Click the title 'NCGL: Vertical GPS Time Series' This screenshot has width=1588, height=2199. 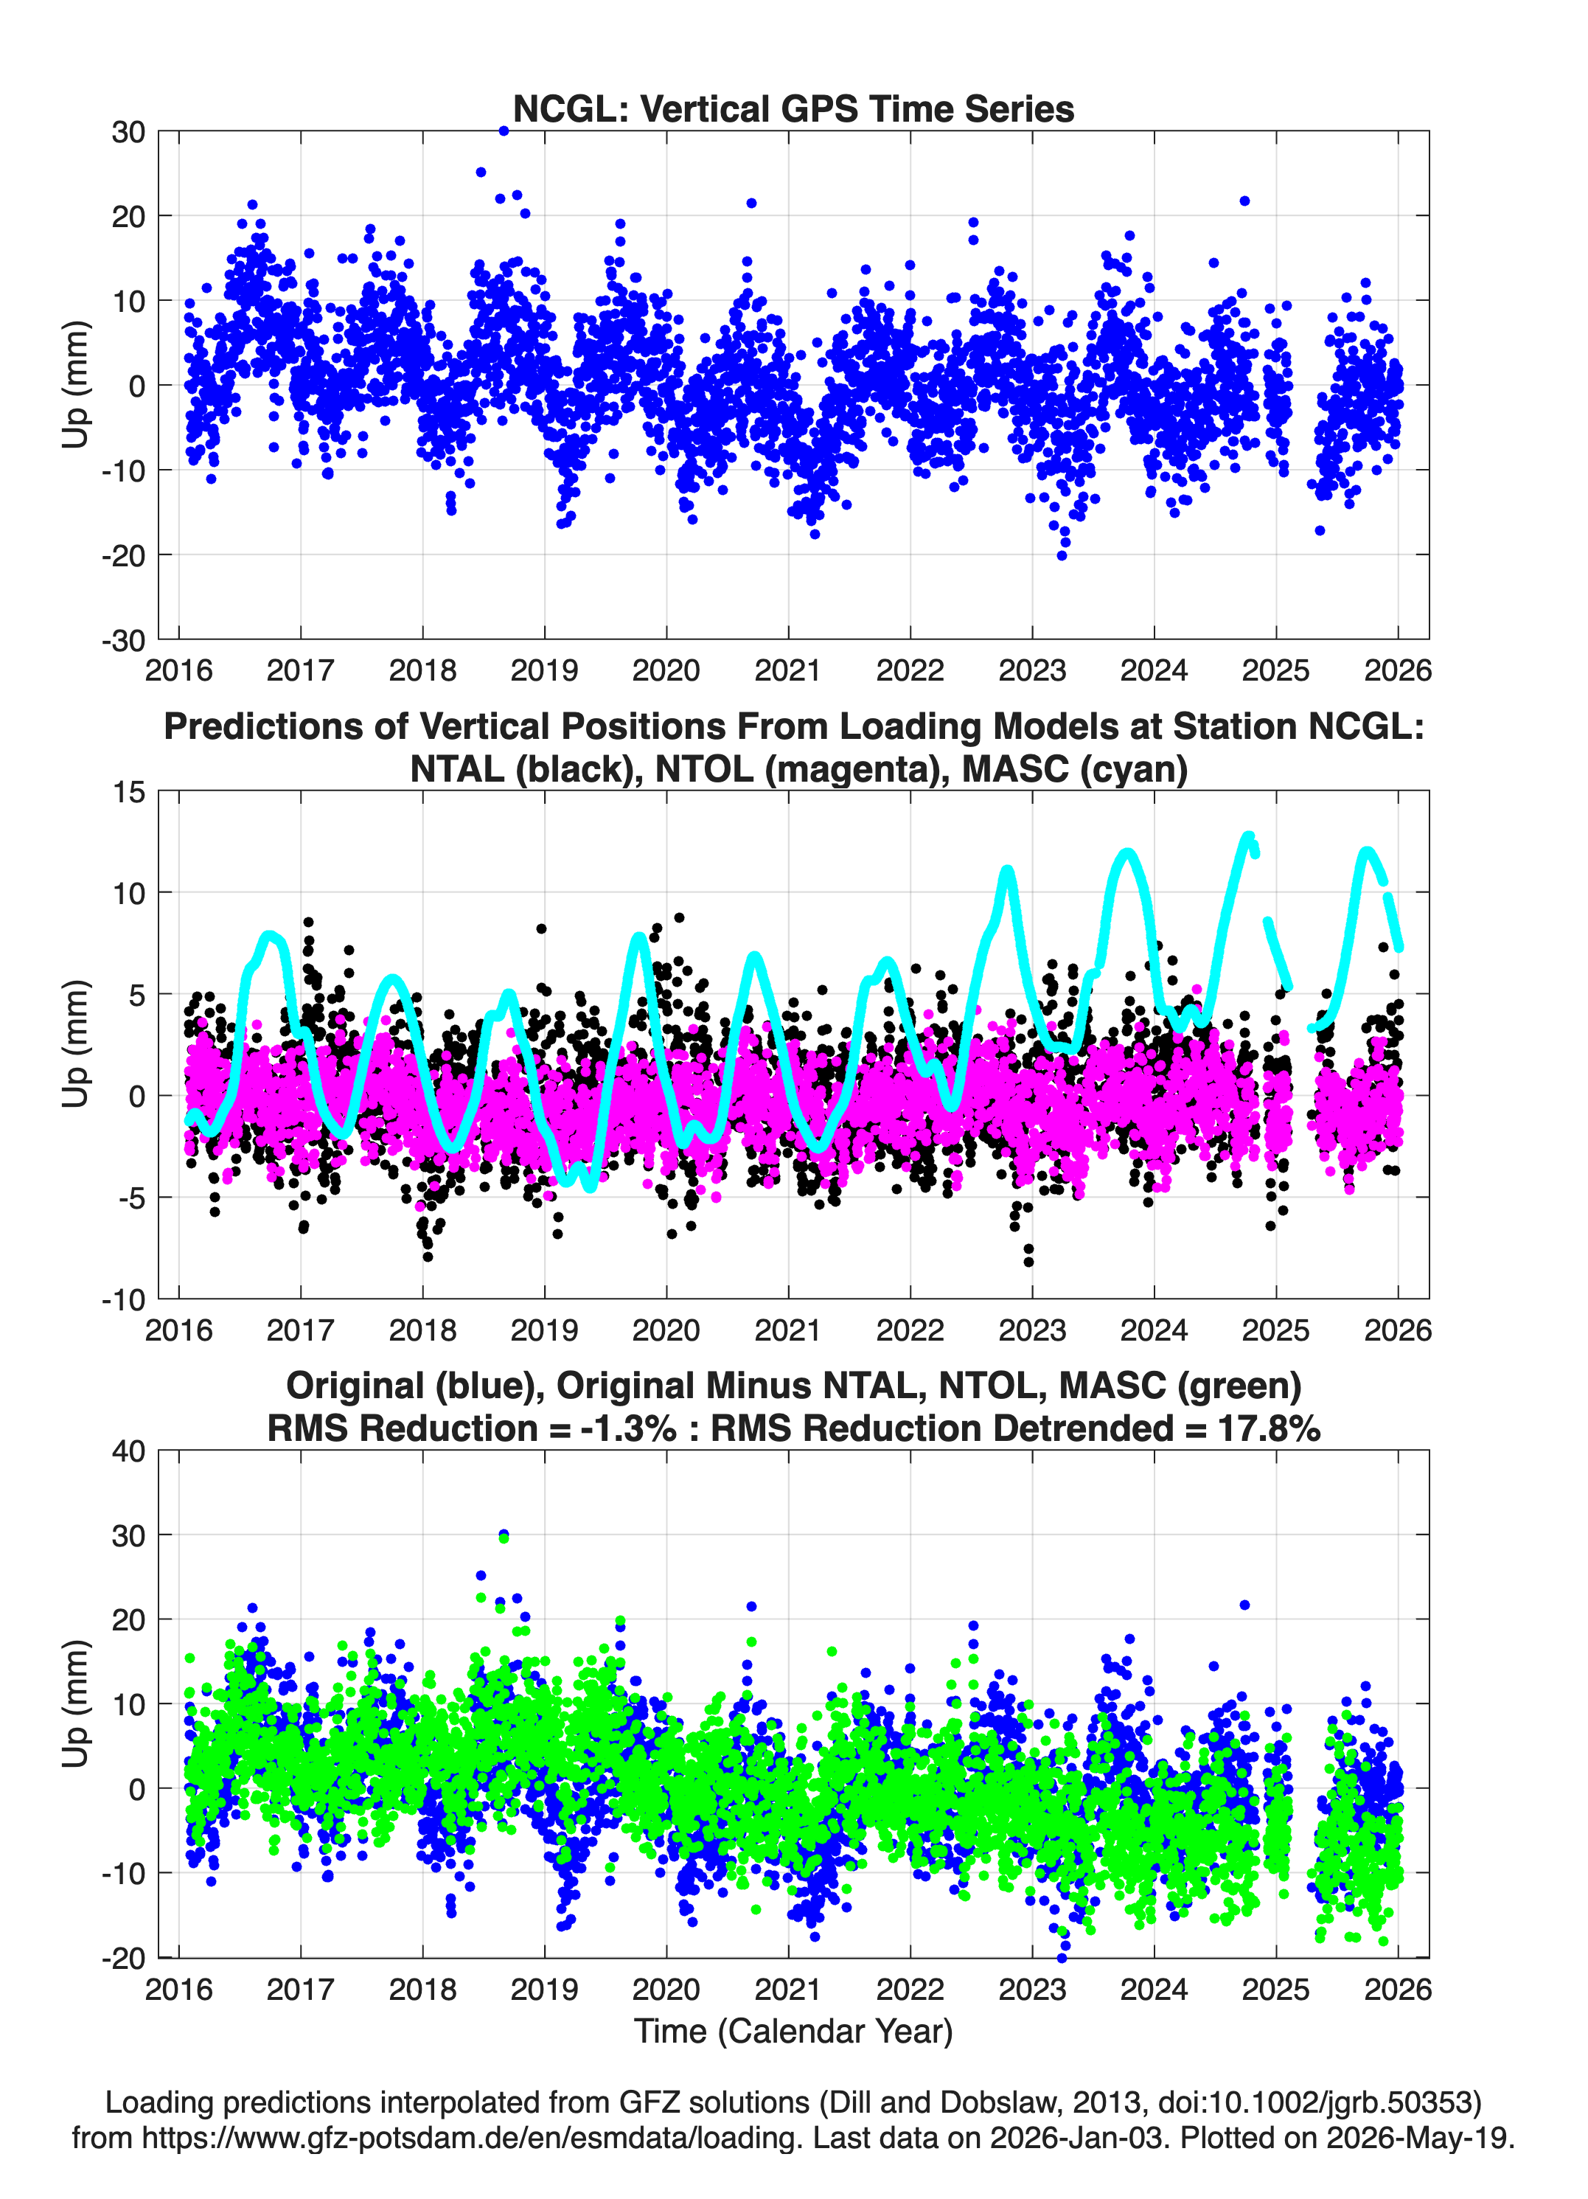pyautogui.click(x=793, y=108)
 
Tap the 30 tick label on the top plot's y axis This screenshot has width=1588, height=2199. pyautogui.click(x=128, y=132)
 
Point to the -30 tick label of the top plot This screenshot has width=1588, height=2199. pyautogui.click(x=123, y=640)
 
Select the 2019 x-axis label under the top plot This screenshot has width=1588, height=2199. pyautogui.click(x=544, y=670)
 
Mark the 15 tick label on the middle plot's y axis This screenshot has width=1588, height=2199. pyautogui.click(x=128, y=792)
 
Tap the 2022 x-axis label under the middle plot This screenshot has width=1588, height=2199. pyautogui.click(x=909, y=1330)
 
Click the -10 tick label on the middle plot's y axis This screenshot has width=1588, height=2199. pyautogui.click(x=123, y=1300)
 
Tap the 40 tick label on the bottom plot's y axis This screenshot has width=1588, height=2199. pyautogui.click(x=128, y=1451)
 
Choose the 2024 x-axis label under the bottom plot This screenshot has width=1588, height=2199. pyautogui.click(x=1154, y=1990)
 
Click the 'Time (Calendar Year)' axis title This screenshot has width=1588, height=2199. pyautogui.click(x=793, y=2032)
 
